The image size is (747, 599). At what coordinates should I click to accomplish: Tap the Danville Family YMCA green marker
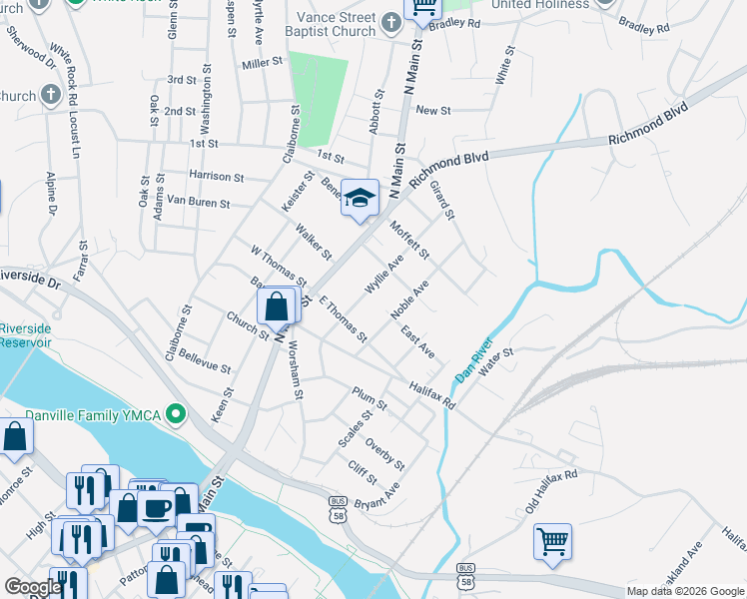177,412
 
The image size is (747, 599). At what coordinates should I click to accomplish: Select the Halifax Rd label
431,394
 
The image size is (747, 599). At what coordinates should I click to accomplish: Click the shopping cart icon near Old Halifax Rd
552,542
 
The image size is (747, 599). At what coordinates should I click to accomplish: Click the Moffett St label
409,239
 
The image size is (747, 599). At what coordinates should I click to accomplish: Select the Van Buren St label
198,203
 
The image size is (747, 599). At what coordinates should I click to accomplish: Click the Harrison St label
217,177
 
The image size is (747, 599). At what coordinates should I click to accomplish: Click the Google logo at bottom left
32,587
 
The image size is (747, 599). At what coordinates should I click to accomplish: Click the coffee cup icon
156,508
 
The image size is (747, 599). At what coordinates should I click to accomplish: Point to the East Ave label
417,342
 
